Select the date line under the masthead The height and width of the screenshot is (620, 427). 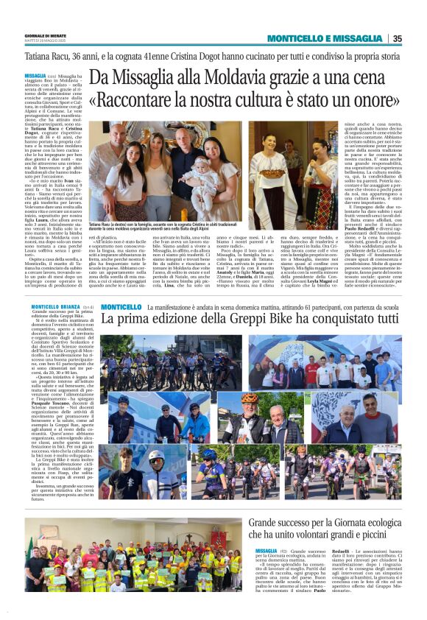pyautogui.click(x=52, y=41)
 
